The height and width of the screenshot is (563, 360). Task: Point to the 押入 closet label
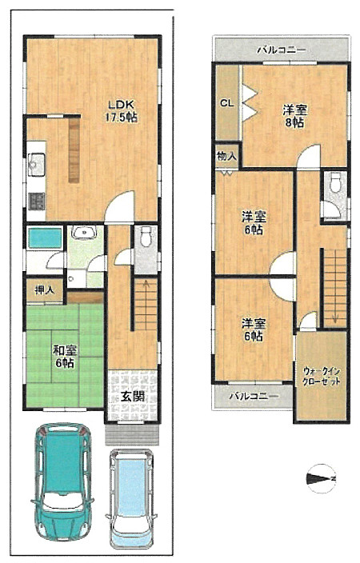pos(44,289)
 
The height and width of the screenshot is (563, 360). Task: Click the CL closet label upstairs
pos(226,102)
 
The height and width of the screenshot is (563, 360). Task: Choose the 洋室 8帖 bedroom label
pos(295,116)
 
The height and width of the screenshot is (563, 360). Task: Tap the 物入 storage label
pos(225,158)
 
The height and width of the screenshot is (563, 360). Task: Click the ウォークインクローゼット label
pos(322,377)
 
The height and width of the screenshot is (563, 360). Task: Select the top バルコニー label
pos(282,50)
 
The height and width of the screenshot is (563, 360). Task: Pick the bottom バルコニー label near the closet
pos(253,396)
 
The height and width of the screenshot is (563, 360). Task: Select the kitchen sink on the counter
pos(35,166)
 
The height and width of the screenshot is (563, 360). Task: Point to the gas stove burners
pos(36,200)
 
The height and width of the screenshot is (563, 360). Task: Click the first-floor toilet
pos(145,238)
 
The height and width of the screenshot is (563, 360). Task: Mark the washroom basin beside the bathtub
pos(83,234)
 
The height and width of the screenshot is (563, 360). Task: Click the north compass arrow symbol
pos(324,479)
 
